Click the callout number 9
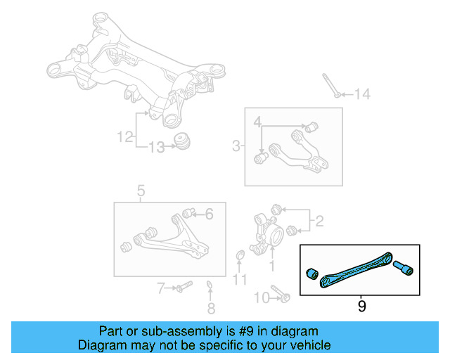point(361,306)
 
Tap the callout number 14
point(361,94)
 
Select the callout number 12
point(124,137)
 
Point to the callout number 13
point(156,147)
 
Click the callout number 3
point(236,146)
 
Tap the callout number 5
point(141,191)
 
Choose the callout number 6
point(208,214)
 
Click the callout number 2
point(319,222)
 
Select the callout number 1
point(272,266)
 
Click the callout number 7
point(160,288)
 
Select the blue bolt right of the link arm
point(403,267)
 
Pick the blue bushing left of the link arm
point(311,273)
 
